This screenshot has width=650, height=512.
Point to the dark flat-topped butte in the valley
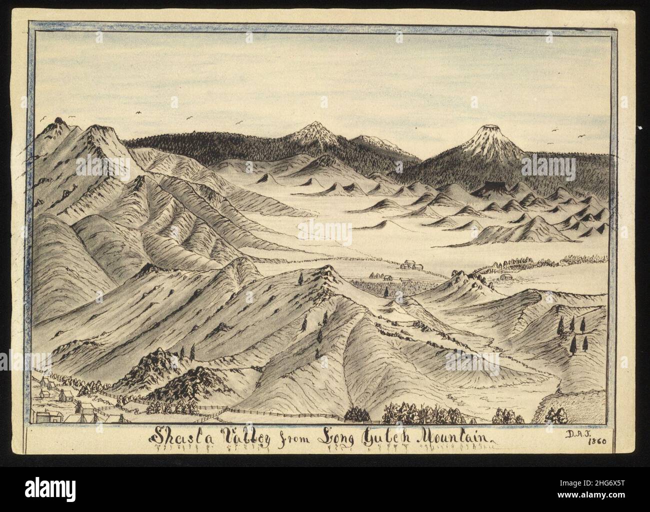pos(488,188)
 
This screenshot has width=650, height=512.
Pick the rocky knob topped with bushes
pos(469,281)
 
